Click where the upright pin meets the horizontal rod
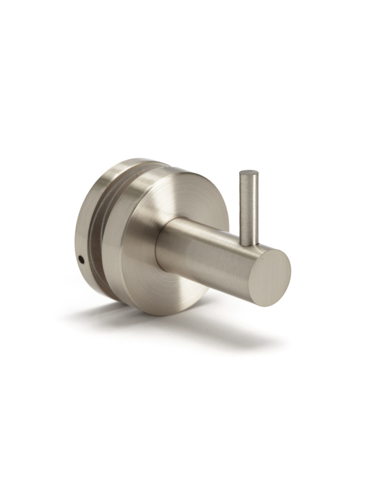(x=250, y=245)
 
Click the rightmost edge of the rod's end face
(x=291, y=272)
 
